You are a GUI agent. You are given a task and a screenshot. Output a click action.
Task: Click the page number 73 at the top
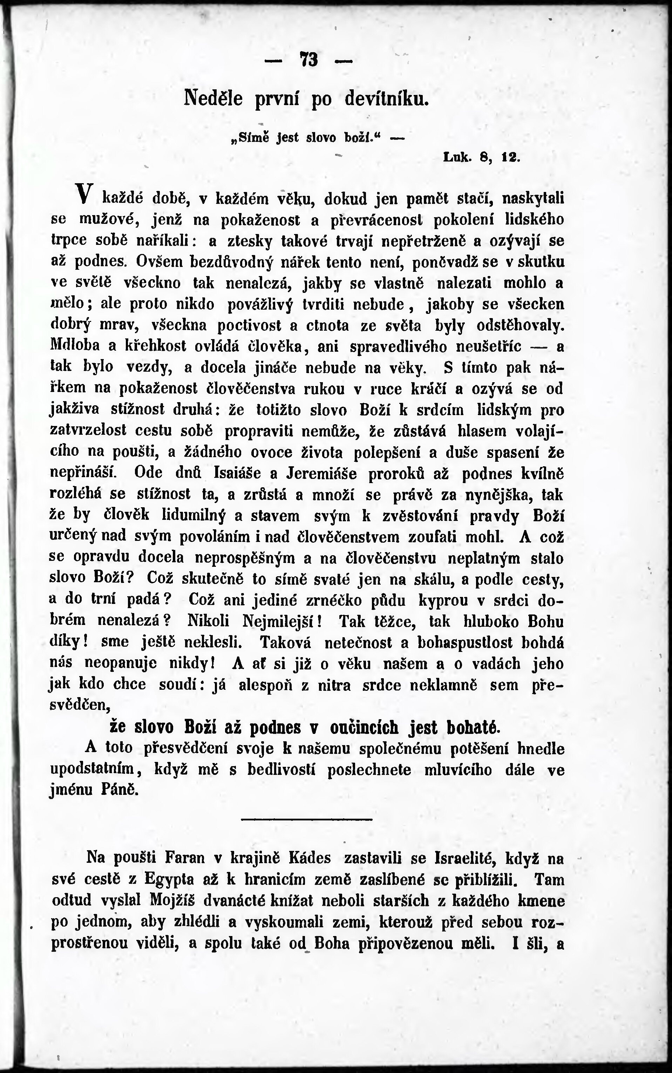pyautogui.click(x=309, y=59)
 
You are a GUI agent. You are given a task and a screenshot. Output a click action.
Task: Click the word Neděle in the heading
pyautogui.click(x=213, y=98)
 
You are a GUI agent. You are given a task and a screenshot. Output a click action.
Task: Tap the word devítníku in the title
pyautogui.click(x=387, y=98)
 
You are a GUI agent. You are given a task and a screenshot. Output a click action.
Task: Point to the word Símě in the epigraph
pyautogui.click(x=249, y=137)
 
